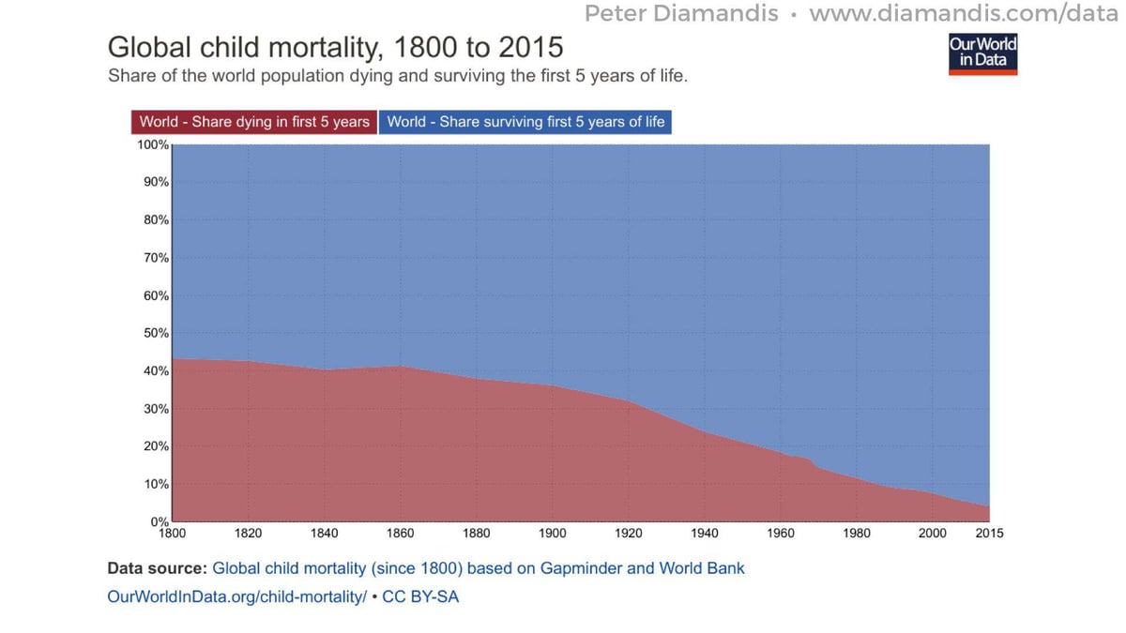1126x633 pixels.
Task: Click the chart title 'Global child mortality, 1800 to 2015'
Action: (335, 47)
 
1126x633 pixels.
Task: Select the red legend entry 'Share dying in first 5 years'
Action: (254, 122)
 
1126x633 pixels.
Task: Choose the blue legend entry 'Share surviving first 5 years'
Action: (525, 122)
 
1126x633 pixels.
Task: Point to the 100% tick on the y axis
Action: (154, 145)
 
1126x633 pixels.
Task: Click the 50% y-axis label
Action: (156, 333)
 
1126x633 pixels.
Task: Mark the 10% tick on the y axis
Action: (156, 484)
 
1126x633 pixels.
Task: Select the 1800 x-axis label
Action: (173, 534)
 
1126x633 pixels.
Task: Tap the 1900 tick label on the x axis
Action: (552, 534)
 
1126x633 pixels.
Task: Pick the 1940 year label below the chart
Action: (704, 534)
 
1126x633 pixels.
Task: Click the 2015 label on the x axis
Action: (989, 534)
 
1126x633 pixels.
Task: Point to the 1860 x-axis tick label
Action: (400, 534)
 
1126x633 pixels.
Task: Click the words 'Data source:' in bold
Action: (157, 568)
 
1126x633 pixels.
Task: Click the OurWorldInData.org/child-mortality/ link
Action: (237, 596)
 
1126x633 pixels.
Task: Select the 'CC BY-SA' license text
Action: (420, 596)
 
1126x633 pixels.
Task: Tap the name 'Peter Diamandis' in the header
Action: (682, 14)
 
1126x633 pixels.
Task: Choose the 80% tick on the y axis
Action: (156, 220)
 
